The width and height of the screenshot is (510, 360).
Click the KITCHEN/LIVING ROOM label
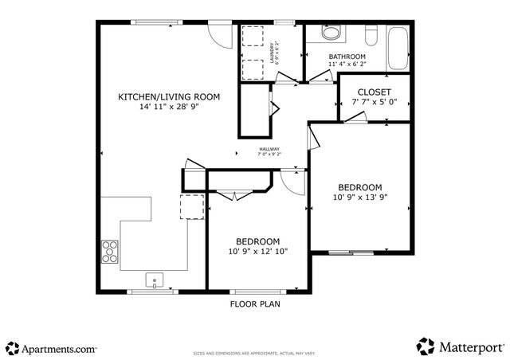click(169, 96)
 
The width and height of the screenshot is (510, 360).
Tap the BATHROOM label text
click(347, 57)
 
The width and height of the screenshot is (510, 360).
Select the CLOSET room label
click(374, 92)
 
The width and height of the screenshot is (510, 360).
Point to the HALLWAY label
click(269, 148)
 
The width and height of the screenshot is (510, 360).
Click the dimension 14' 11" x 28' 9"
click(169, 106)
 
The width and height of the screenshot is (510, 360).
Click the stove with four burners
click(109, 251)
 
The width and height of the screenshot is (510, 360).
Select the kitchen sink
click(155, 280)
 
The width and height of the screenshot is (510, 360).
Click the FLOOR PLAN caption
click(255, 303)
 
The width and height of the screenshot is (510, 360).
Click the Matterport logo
click(461, 346)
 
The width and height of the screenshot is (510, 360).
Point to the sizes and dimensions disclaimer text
click(255, 353)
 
